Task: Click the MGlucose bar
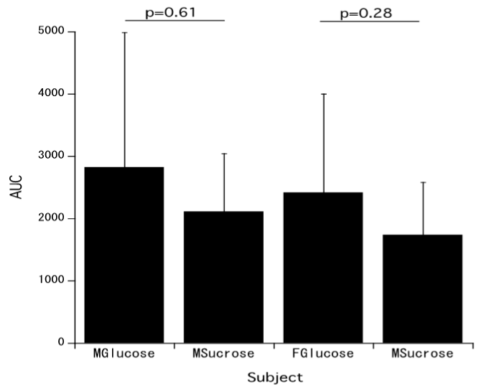click(x=124, y=255)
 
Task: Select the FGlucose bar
click(x=323, y=268)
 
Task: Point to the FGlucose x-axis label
click(x=323, y=354)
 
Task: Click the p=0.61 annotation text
click(x=170, y=12)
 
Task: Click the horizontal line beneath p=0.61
click(x=175, y=21)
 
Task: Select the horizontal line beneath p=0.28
click(x=369, y=21)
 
